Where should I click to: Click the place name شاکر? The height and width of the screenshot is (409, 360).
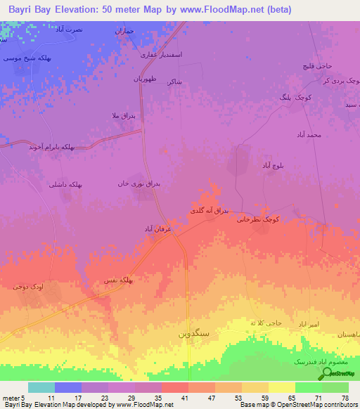click(x=174, y=82)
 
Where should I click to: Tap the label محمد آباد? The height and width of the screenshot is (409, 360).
click(x=309, y=134)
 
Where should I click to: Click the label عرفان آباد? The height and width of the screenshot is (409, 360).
click(x=158, y=229)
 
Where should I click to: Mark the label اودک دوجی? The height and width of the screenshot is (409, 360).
click(x=27, y=287)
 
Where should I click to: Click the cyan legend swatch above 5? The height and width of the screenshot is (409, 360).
click(x=41, y=387)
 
